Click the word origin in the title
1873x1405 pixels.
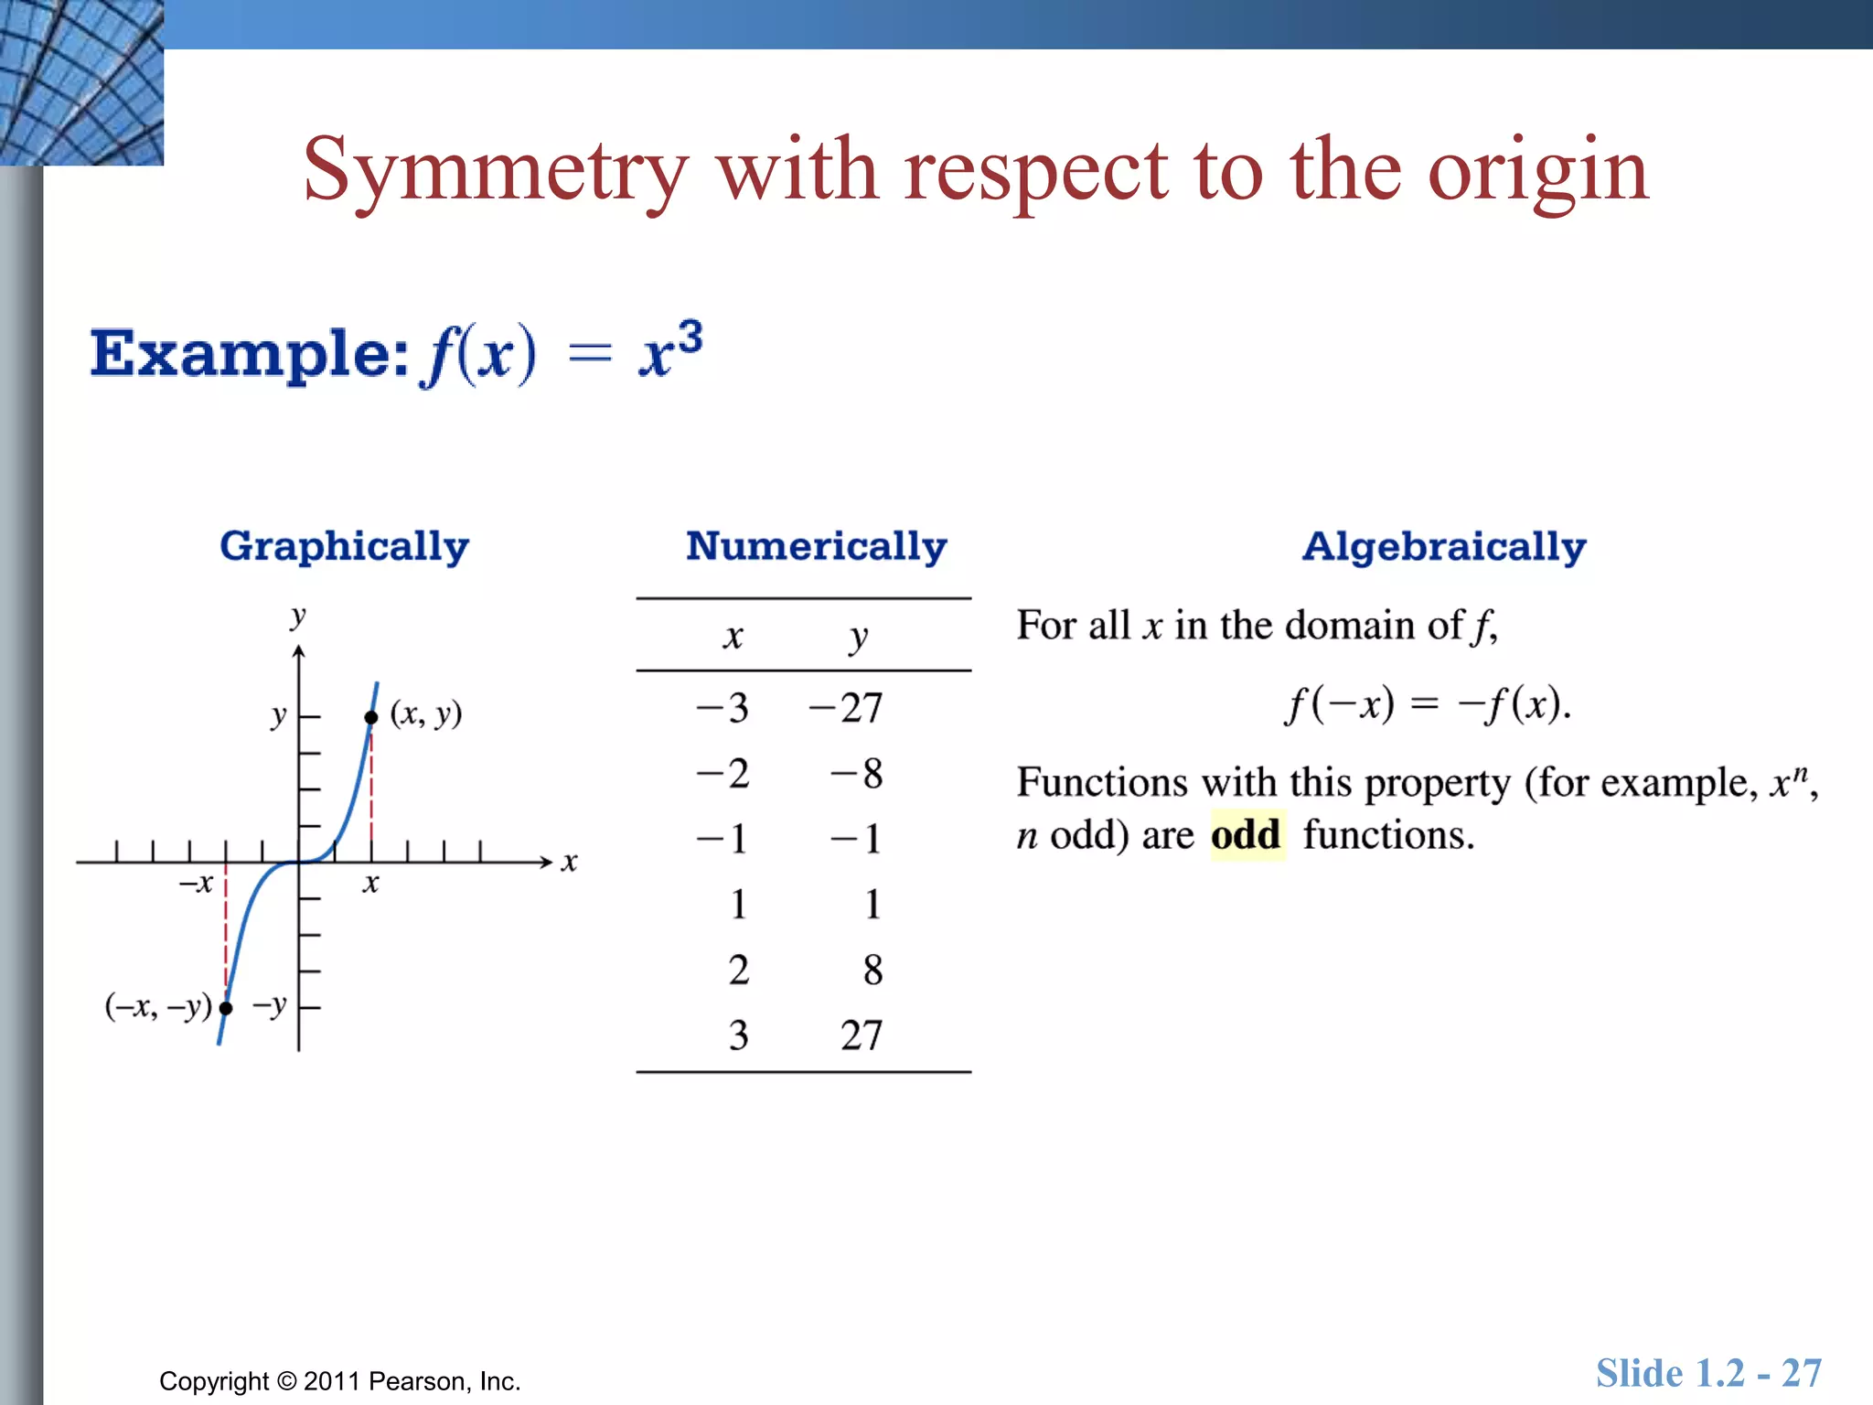click(1538, 171)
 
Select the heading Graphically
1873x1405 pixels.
click(344, 546)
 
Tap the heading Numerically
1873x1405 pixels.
click(816, 546)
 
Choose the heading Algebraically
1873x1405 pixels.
click(1443, 546)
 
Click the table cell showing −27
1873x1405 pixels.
click(846, 708)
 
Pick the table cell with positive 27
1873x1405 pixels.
click(861, 1035)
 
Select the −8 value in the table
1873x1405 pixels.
click(857, 774)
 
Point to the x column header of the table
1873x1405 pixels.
click(733, 637)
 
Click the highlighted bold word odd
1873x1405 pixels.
click(1246, 835)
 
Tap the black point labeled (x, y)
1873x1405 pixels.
click(370, 718)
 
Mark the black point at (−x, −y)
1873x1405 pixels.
click(226, 1008)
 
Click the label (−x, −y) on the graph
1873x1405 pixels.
click(158, 1006)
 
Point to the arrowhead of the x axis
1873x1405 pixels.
click(547, 862)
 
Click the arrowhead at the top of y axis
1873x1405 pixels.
click(298, 651)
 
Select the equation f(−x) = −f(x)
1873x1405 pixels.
click(1428, 704)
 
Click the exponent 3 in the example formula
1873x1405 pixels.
click(690, 337)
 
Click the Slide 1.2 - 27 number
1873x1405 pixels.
click(1708, 1373)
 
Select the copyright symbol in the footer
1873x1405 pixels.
click(287, 1381)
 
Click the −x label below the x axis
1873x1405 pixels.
click(196, 884)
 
